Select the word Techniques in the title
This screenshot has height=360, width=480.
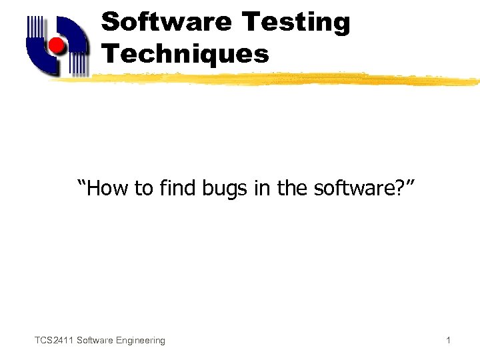point(185,53)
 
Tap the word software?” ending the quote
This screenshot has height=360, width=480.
point(357,189)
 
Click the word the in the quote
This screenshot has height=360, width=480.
point(291,189)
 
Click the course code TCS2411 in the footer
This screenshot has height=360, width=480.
point(54,341)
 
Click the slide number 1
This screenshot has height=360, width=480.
point(448,341)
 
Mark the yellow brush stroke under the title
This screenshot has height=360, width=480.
point(280,79)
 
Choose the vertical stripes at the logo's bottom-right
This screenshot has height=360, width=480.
point(79,63)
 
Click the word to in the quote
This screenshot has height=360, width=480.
point(143,189)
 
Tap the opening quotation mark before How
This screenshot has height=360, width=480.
point(83,185)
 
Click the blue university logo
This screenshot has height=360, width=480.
point(57,45)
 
